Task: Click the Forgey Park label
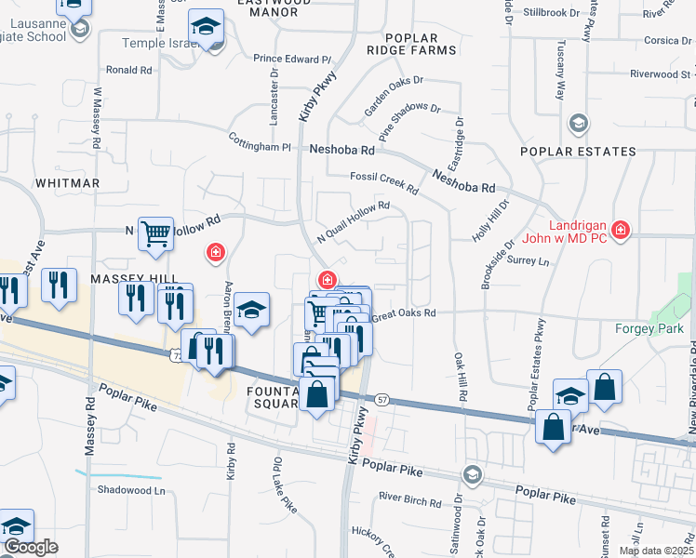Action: pos(649,327)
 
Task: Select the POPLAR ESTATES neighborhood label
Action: pos(578,152)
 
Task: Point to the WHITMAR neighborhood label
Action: pos(67,183)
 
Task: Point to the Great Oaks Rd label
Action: pos(404,315)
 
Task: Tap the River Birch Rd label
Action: pos(410,502)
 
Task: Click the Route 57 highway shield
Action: pos(382,399)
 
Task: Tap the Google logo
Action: pos(31,547)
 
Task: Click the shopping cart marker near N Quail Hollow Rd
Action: pos(155,233)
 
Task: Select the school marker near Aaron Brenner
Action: pos(251,310)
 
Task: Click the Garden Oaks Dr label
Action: pos(393,96)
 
